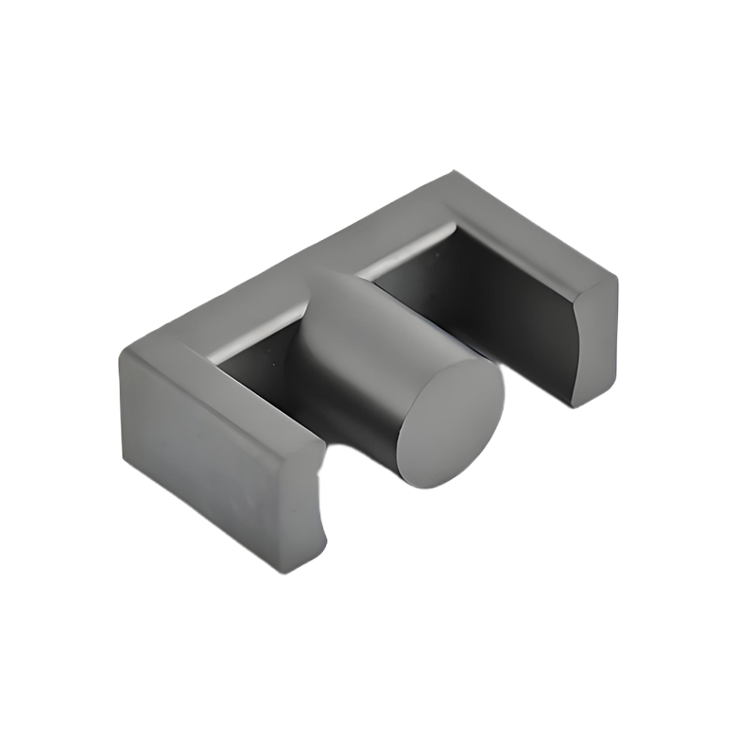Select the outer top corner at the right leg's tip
click(x=616, y=277)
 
